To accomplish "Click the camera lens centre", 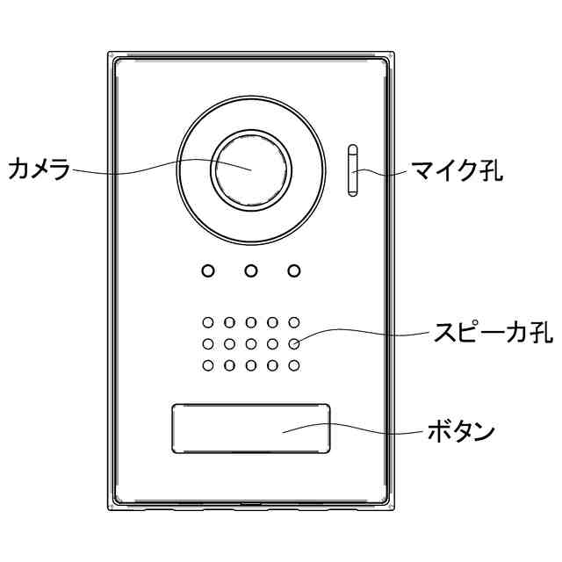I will [250, 168].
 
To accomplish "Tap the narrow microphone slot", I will [353, 171].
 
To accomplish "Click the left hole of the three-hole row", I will [207, 270].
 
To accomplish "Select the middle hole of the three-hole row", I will [250, 270].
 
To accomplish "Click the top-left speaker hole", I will [208, 323].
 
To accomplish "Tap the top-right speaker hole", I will [294, 323].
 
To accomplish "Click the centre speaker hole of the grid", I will [251, 344].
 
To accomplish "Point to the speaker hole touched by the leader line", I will [294, 344].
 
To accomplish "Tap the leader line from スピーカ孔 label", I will [369, 332].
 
